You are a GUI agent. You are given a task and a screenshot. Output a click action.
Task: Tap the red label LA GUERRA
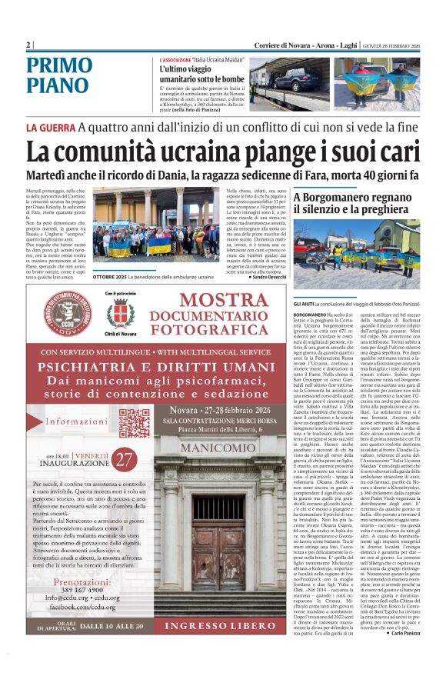[50, 127]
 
